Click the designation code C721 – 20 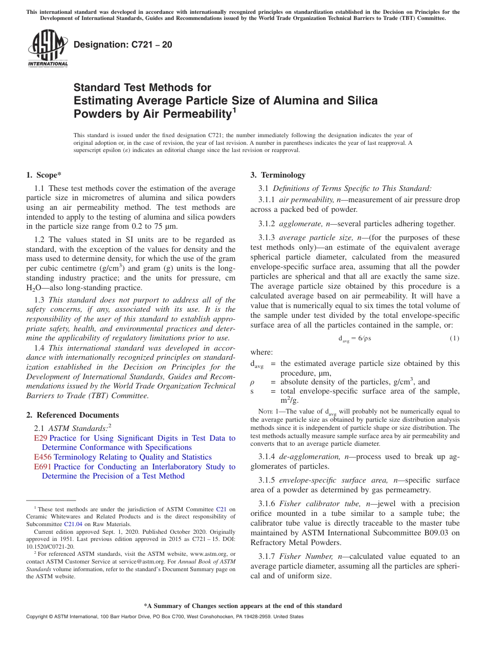(123, 45)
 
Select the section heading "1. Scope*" (43, 175)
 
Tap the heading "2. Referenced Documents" (73, 415)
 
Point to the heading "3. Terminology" (278, 175)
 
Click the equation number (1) (454, 338)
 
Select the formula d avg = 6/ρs (355, 338)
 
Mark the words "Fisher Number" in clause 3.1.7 (304, 556)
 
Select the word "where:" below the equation (261, 352)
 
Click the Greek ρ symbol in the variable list (252, 382)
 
